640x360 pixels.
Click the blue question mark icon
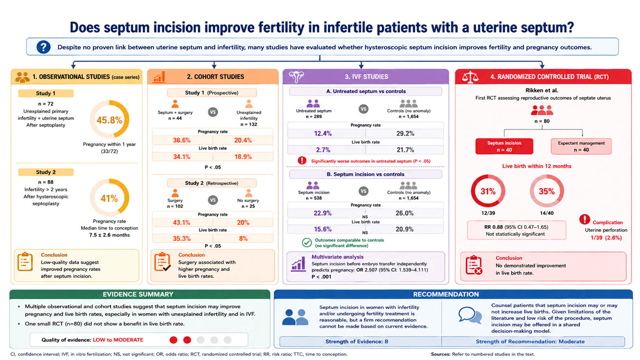pyautogui.click(x=43, y=47)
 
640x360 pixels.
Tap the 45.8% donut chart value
pyautogui.click(x=109, y=120)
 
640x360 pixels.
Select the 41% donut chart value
pyautogui.click(x=109, y=198)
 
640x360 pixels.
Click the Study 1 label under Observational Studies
pyautogui.click(x=45, y=93)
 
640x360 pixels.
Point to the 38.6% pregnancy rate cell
pyautogui.click(x=181, y=140)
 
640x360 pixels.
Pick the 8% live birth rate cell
pyautogui.click(x=243, y=238)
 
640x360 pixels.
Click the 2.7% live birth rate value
pyautogui.click(x=323, y=149)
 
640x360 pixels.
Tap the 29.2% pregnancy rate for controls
pyautogui.click(x=405, y=133)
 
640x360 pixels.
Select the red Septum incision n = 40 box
pyautogui.click(x=504, y=146)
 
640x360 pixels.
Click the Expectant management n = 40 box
pyautogui.click(x=581, y=146)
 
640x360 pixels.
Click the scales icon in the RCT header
pyautogui.click(x=470, y=77)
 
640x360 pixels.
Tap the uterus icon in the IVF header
pyautogui.click(x=296, y=76)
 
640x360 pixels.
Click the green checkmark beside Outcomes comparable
pyautogui.click(x=307, y=242)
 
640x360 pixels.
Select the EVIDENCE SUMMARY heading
pyautogui.click(x=138, y=294)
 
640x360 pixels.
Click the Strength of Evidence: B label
pyautogui.click(x=357, y=341)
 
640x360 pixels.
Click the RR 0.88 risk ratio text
pyautogui.click(x=493, y=227)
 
